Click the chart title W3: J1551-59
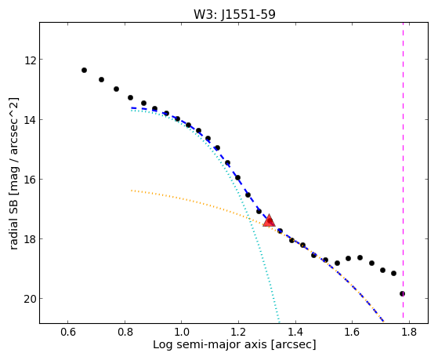point(234,14)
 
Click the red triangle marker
point(269,220)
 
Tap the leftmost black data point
point(84,71)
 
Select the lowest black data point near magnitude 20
point(402,293)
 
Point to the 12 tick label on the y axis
point(30,60)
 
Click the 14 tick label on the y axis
point(30,120)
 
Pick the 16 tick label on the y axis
point(30,180)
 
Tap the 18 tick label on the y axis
point(30,239)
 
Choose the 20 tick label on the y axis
point(30,299)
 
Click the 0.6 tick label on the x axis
point(68,333)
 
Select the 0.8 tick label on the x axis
point(125,333)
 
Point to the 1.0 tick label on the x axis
point(182,333)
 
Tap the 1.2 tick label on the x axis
point(238,333)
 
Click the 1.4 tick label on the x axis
point(295,333)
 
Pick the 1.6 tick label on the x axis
point(352,333)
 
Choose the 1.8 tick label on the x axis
point(409,333)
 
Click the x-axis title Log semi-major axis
point(209,344)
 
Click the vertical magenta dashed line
point(403,170)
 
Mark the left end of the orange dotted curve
point(131,191)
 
